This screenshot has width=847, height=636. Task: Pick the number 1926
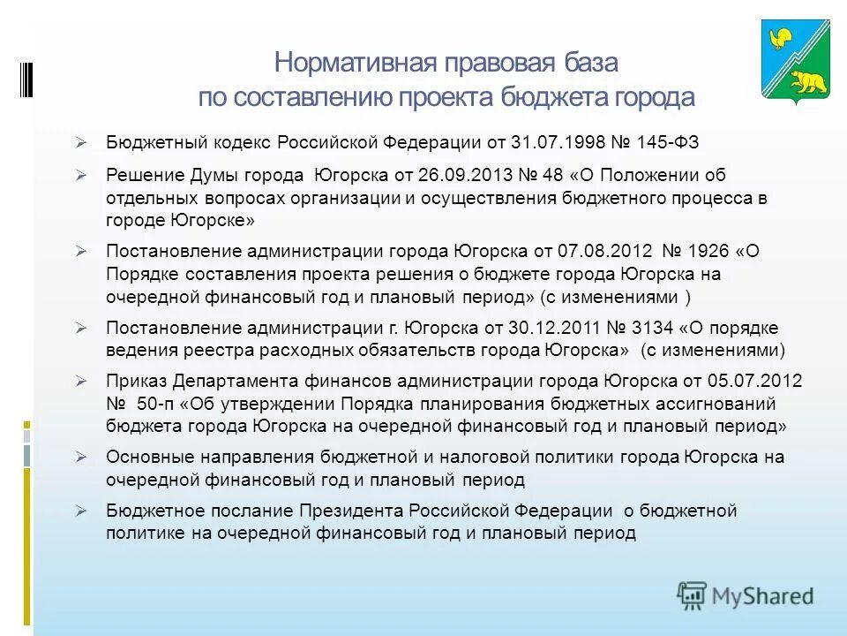point(709,251)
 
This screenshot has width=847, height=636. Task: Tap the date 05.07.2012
point(754,382)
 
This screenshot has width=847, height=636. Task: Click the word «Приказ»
point(137,382)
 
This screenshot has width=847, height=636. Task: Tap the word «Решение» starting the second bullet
point(140,175)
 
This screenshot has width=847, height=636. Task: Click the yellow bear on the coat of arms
point(807,82)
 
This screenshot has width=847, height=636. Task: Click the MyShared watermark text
point(762,595)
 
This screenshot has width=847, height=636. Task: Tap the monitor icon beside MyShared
point(693,594)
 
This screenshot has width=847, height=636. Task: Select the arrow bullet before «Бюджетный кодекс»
point(80,142)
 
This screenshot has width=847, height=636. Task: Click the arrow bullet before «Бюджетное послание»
point(80,511)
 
